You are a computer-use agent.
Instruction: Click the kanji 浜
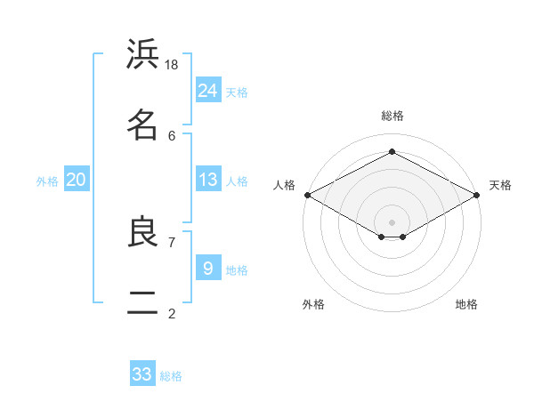tap(142, 55)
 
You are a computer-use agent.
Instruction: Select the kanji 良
tap(142, 232)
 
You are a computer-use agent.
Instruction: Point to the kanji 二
tap(142, 303)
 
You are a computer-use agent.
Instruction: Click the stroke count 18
tap(172, 65)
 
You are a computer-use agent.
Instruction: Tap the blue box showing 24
tap(208, 90)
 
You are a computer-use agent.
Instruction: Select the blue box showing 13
tap(208, 180)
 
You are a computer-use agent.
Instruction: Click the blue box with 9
tap(208, 268)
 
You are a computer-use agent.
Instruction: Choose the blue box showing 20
tap(77, 180)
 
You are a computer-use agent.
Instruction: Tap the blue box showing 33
tap(142, 374)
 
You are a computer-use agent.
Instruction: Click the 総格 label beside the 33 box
tap(172, 376)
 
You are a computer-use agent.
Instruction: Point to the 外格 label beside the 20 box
tap(47, 181)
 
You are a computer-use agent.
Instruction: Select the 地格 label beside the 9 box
tap(238, 269)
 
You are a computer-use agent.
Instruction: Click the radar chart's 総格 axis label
tap(392, 116)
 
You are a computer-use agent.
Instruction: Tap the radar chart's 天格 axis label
tap(500, 185)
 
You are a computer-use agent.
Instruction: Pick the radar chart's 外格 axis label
tap(313, 304)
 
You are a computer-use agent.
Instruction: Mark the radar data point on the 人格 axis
tap(307, 195)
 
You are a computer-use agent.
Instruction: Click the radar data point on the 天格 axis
tap(477, 195)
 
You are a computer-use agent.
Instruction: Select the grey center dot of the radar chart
tap(392, 221)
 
